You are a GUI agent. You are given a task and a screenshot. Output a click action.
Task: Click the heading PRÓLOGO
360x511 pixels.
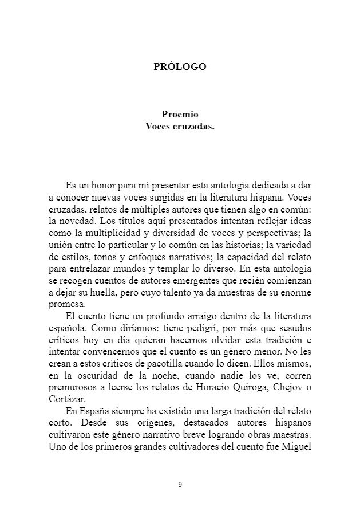tap(180, 66)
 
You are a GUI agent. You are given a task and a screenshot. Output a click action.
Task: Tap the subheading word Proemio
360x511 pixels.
tap(180, 115)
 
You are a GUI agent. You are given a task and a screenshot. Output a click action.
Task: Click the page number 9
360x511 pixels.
tap(180, 485)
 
